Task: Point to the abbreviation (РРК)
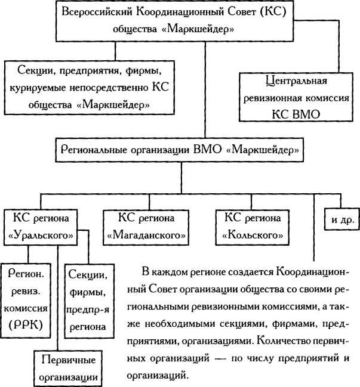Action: [26, 325]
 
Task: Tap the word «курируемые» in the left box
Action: [38, 88]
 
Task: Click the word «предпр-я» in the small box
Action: [88, 310]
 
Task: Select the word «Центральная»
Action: [296, 81]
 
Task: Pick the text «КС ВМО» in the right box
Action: [296, 114]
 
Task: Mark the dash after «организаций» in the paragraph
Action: [220, 358]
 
